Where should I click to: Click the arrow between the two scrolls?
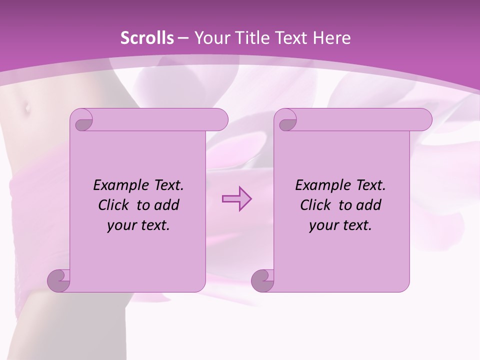pos(236,199)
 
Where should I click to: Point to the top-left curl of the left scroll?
pos(82,120)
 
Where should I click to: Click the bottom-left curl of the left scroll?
pos(58,280)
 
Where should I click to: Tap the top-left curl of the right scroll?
pos(286,120)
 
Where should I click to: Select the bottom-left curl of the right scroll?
pos(262,280)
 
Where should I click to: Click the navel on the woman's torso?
pos(25,106)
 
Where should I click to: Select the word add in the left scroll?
pos(167,205)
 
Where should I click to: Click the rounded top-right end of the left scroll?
pos(220,120)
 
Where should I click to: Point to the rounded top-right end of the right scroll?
pos(424,120)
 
